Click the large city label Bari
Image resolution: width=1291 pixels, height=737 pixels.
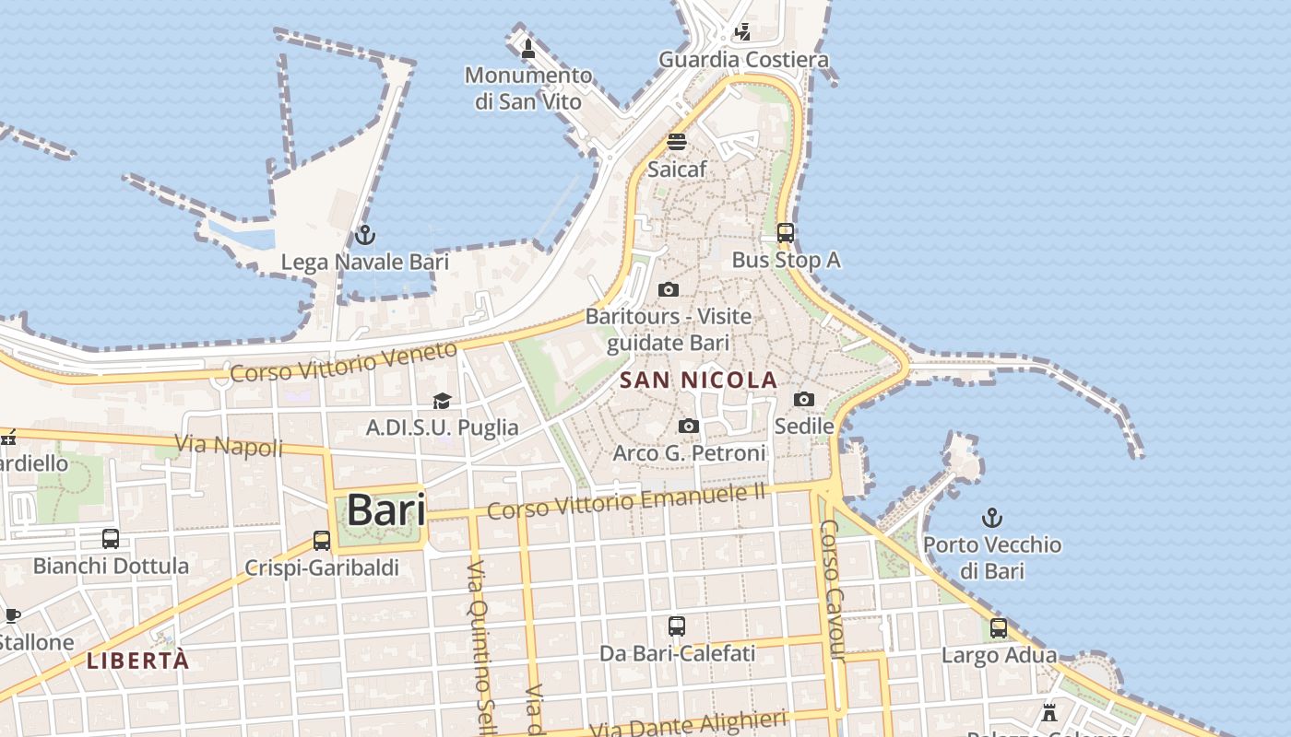pos(385,509)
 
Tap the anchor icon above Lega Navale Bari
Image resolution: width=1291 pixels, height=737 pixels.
pos(365,235)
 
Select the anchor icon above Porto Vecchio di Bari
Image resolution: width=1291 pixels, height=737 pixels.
pos(992,518)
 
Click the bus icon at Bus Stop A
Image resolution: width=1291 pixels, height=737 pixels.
pos(786,233)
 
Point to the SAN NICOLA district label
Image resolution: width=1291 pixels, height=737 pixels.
pos(698,380)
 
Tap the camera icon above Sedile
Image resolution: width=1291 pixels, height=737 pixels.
pos(804,399)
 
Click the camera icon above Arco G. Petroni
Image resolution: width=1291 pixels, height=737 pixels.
pos(689,426)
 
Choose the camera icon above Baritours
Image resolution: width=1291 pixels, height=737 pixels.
pos(669,289)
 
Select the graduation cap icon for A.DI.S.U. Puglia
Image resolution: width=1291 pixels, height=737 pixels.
pos(442,401)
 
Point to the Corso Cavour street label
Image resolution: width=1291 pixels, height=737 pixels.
pos(832,590)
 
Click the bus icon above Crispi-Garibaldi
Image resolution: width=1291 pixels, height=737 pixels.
pos(322,540)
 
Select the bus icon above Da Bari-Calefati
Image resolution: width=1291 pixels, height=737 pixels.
pos(677,626)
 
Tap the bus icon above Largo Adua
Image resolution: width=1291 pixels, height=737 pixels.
pos(999,628)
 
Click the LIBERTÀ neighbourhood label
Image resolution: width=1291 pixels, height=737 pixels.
pos(138,661)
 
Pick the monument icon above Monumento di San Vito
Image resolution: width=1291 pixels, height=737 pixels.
pos(528,48)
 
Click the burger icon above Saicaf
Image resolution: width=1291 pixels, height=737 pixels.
pos(677,142)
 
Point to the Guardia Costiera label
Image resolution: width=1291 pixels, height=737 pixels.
pos(743,60)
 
